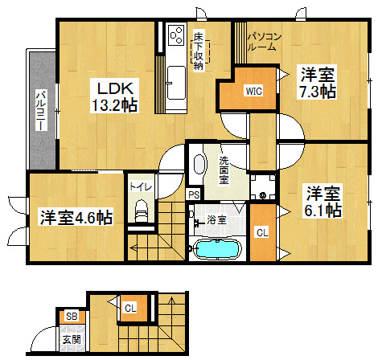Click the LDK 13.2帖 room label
click(114, 96)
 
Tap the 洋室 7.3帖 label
click(318, 83)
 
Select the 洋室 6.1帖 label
click(323, 202)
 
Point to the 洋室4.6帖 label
click(76, 218)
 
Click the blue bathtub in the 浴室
click(216, 249)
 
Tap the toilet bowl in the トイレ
click(142, 211)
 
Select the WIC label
click(254, 91)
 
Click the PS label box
click(194, 194)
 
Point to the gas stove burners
click(177, 35)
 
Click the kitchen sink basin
click(176, 83)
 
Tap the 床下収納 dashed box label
click(199, 51)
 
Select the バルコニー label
click(41, 110)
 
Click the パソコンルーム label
click(264, 42)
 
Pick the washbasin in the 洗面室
click(199, 164)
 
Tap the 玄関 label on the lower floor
click(72, 340)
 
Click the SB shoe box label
click(72, 317)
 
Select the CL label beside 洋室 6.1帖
click(262, 233)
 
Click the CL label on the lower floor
click(130, 308)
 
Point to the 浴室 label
click(216, 220)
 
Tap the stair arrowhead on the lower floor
click(171, 300)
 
